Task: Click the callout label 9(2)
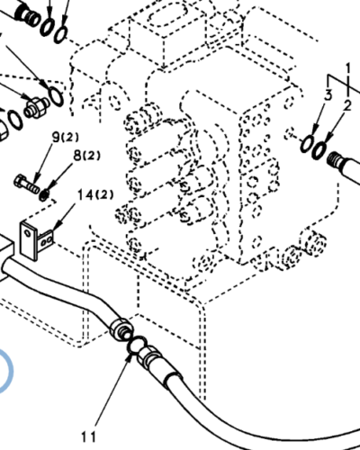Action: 66,138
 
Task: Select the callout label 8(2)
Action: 86,156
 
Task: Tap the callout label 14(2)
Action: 95,195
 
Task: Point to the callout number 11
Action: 89,436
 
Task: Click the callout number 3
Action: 328,95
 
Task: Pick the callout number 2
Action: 347,106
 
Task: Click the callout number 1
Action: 348,68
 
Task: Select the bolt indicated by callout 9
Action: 26,184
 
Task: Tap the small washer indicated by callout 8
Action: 44,195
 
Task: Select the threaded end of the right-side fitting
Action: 333,160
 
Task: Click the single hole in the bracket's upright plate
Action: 28,233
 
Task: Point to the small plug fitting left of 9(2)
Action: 35,106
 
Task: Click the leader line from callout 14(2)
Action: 65,214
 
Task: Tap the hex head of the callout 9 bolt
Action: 20,181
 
